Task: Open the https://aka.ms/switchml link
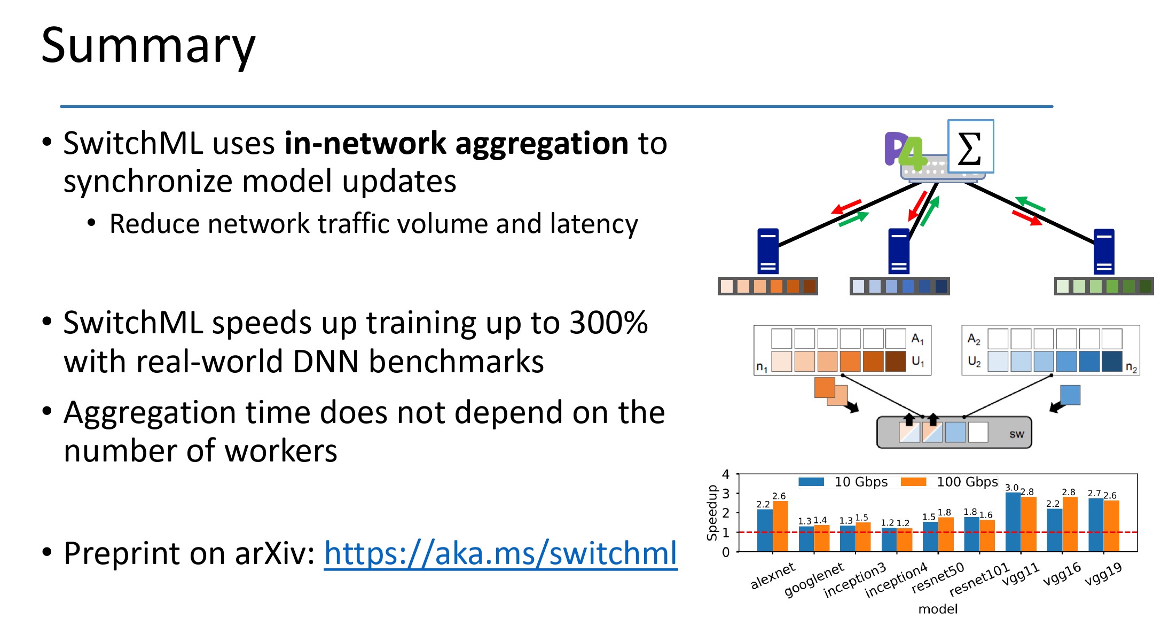tap(500, 553)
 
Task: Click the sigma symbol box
tap(970, 146)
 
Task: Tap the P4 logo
tap(906, 151)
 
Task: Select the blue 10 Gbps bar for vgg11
tap(1013, 522)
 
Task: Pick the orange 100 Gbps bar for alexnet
tap(780, 526)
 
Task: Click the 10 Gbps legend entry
tap(843, 482)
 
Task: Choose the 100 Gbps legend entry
tap(949, 482)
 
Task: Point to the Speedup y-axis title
tap(711, 513)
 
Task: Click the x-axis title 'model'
tap(938, 609)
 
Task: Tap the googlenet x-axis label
tap(814, 580)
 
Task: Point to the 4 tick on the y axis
tap(726, 474)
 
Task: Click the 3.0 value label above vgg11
tap(1011, 487)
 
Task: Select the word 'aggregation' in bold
tap(542, 144)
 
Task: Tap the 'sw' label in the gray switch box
tap(1016, 434)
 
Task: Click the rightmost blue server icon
tap(1104, 252)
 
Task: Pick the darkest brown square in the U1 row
tap(896, 361)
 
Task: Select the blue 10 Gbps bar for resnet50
tap(930, 537)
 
